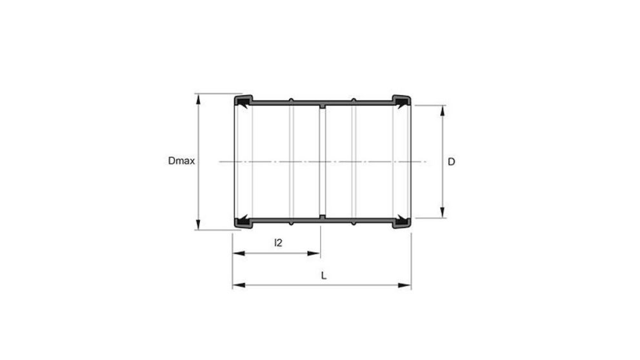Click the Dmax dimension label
pos(181,162)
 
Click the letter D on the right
pos(452,162)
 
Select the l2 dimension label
pos(278,243)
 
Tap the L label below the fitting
pos(324,275)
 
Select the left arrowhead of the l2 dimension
pos(237,254)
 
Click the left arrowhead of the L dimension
pos(237,285)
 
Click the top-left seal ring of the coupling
pos(243,101)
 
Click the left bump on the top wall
pos(291,100)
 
